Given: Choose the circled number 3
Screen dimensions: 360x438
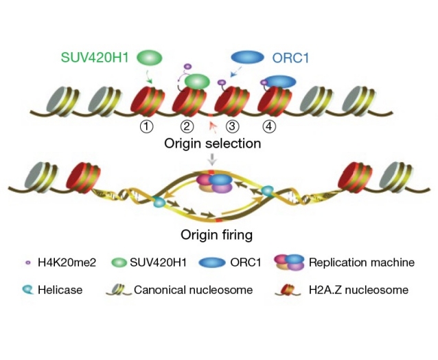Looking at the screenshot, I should click(x=232, y=126).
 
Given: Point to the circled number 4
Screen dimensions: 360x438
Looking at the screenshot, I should click(x=270, y=126).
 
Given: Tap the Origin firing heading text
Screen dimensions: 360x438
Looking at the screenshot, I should click(x=217, y=234).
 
